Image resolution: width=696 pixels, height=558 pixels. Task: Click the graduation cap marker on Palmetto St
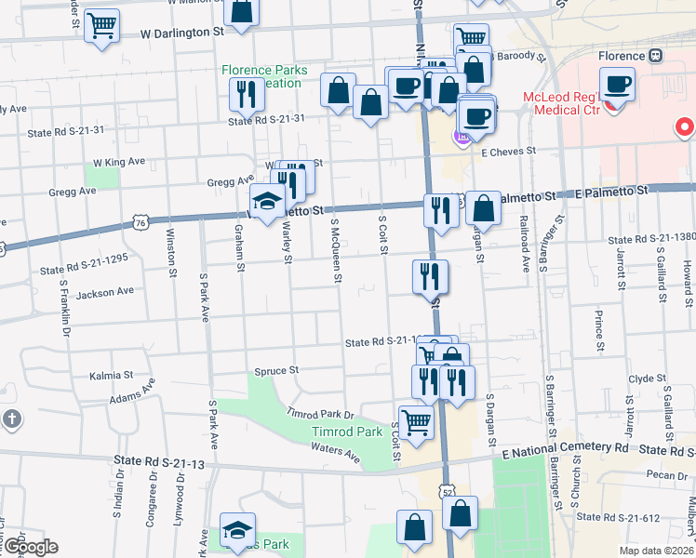coord(267,202)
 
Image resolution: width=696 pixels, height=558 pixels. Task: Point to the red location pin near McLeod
coord(686,126)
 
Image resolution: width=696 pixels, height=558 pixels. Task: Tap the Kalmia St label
coord(111,375)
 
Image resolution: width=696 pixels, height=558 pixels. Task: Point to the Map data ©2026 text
coord(655,550)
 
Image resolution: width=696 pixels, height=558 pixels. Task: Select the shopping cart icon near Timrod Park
coord(416,422)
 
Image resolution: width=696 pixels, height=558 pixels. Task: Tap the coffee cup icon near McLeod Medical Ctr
coord(617,85)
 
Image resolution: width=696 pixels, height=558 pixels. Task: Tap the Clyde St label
coord(641,379)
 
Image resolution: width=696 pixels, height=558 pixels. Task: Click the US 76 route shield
coord(140,223)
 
